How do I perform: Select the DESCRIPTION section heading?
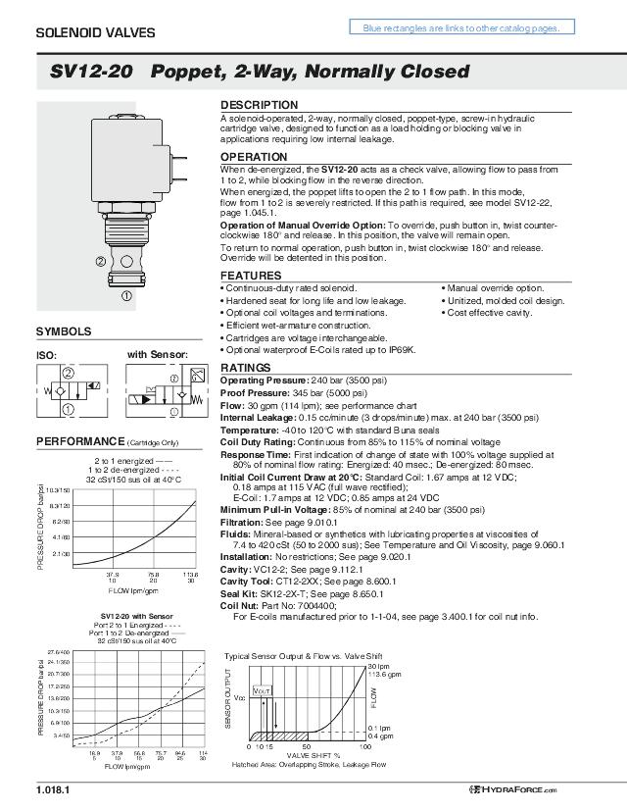coord(259,105)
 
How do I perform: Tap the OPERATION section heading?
coord(254,157)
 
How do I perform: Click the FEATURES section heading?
coord(251,276)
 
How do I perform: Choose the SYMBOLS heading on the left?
coord(64,331)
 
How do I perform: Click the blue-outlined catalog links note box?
coord(461,28)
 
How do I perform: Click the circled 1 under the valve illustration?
coord(126,295)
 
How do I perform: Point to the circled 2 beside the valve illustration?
coord(101,262)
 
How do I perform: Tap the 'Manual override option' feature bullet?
coord(495,288)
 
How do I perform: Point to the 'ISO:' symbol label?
coord(47,355)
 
